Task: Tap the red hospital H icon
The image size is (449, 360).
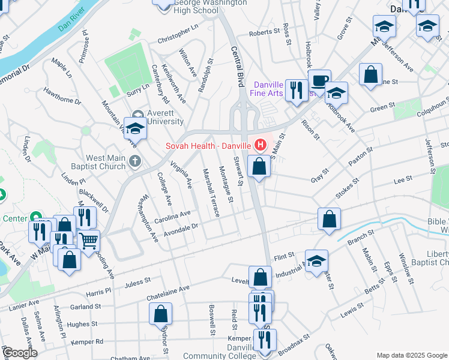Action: tap(261, 145)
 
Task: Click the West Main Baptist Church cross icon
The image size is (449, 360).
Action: tap(136, 161)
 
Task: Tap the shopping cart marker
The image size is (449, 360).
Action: tap(89, 241)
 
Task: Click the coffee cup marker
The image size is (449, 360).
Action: tap(319, 80)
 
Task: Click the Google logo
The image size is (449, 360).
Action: tap(19, 353)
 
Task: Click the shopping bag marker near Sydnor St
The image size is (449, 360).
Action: tap(161, 313)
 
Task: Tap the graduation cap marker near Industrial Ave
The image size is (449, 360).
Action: tap(316, 260)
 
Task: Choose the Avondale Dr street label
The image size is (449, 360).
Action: tap(178, 227)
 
